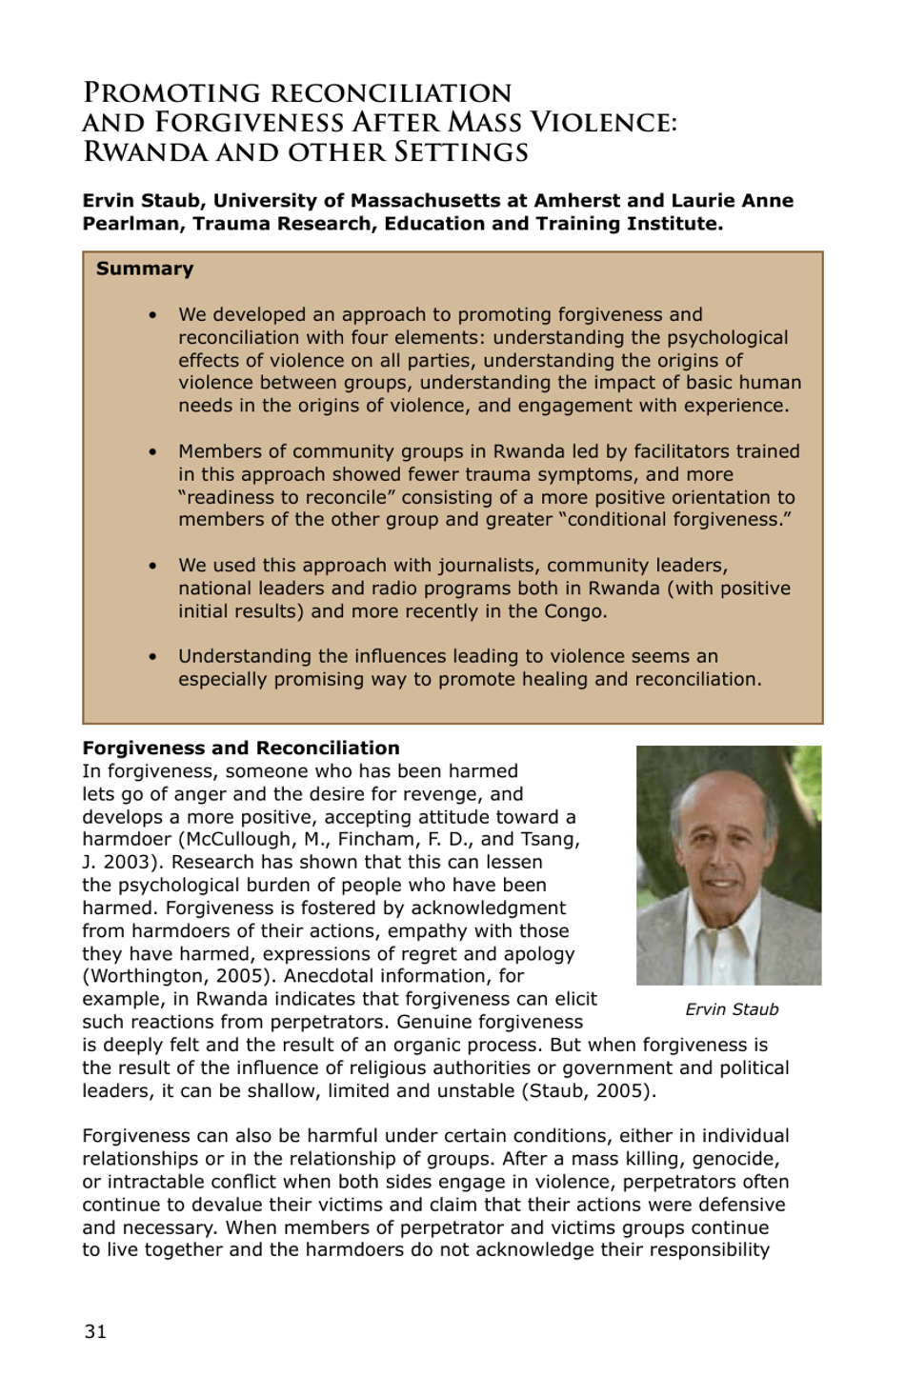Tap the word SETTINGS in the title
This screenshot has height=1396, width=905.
pyautogui.click(x=461, y=152)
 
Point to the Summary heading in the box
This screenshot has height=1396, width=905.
pyautogui.click(x=145, y=269)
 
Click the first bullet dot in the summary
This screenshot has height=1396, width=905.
pyautogui.click(x=152, y=315)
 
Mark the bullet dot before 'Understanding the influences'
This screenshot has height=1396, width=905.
pyautogui.click(x=152, y=657)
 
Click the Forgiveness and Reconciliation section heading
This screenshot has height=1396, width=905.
pyautogui.click(x=241, y=748)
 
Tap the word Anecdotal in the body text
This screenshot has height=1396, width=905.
pyautogui.click(x=330, y=976)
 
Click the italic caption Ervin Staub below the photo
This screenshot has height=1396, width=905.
pyautogui.click(x=732, y=1009)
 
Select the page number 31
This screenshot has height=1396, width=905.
pyautogui.click(x=95, y=1332)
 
